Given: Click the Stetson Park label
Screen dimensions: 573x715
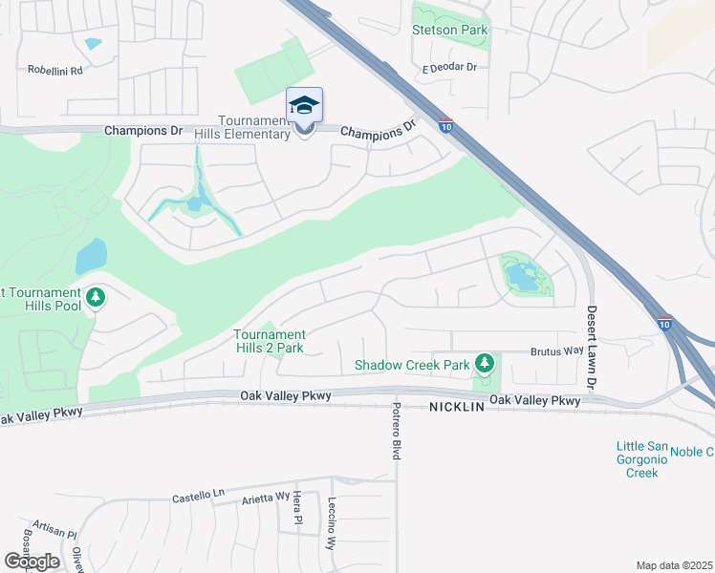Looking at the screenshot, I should point(449,30).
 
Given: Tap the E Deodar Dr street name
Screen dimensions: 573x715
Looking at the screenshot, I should point(449,67).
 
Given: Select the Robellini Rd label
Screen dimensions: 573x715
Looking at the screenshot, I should point(55,70).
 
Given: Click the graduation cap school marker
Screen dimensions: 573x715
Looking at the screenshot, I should point(304,105).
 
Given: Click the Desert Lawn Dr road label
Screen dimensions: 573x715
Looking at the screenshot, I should point(591,347).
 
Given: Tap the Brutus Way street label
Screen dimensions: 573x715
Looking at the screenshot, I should point(559,350).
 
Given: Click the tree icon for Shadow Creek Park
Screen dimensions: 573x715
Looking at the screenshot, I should point(486,363).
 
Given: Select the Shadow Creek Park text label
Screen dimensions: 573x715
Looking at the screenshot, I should point(412,365).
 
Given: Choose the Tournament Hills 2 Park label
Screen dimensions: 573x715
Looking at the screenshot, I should point(270,341).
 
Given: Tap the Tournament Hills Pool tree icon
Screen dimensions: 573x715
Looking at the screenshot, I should point(95,298).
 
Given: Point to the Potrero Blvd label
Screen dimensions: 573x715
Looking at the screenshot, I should point(396,431).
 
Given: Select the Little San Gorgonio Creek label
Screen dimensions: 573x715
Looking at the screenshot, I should point(637,459).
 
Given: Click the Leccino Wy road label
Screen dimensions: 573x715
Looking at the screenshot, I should point(332,524).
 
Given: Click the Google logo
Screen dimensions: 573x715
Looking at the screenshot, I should point(31,561).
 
